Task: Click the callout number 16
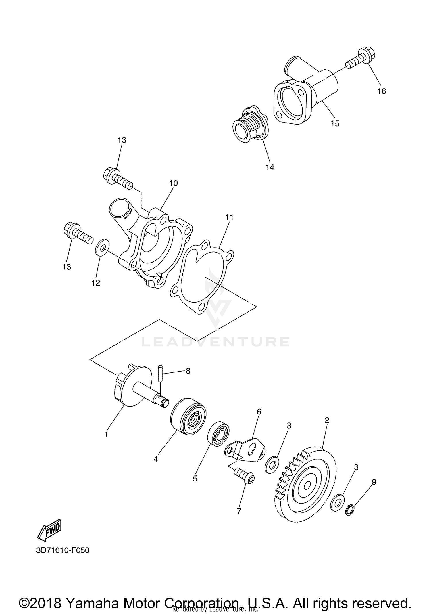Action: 382,91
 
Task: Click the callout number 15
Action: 335,123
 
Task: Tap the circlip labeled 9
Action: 349,510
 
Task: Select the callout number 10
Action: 173,183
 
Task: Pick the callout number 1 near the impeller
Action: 106,435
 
